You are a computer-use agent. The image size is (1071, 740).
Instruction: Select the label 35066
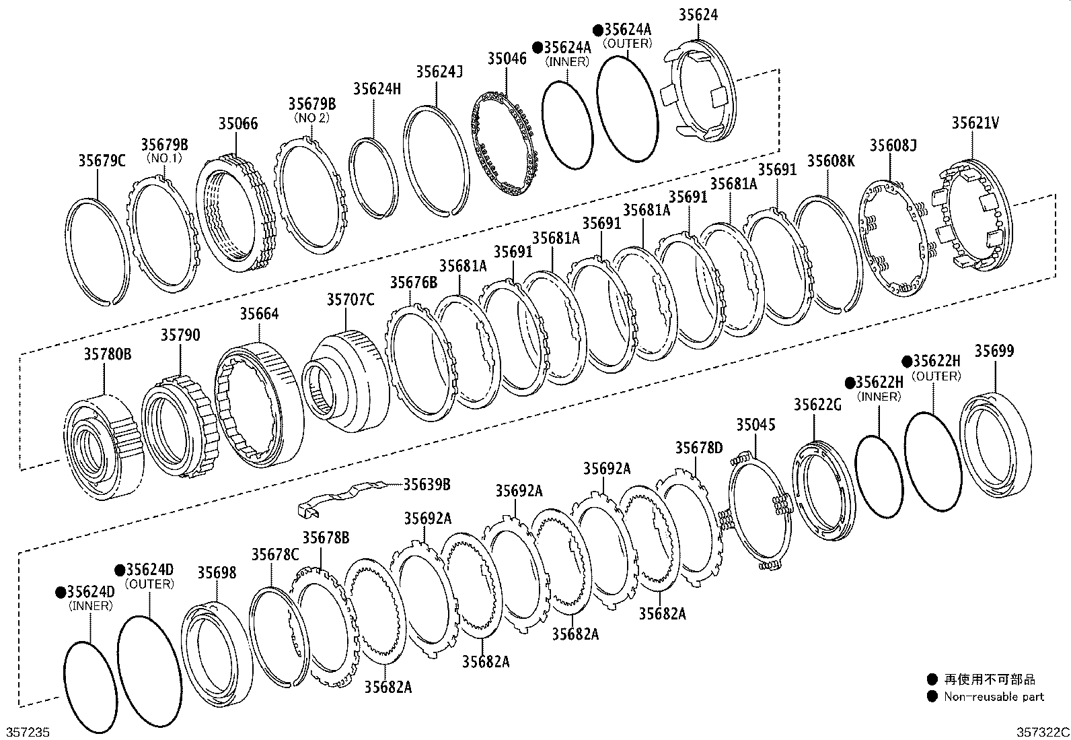[x=237, y=124]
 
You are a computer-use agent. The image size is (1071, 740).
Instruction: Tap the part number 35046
[x=507, y=59]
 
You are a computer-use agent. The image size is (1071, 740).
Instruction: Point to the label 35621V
[x=975, y=123]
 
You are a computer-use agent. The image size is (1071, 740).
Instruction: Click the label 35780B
[x=108, y=353]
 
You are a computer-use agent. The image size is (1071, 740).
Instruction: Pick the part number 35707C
[x=350, y=300]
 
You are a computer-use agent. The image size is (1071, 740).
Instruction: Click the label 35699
[x=994, y=351]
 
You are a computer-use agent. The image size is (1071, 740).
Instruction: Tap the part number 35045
[x=755, y=424]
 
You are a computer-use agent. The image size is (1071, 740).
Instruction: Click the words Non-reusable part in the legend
[x=994, y=697]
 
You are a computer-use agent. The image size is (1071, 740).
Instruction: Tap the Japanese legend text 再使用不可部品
[x=989, y=679]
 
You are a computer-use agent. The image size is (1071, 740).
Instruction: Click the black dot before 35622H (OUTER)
[x=907, y=362]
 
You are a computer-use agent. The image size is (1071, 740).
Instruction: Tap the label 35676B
[x=413, y=282]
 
